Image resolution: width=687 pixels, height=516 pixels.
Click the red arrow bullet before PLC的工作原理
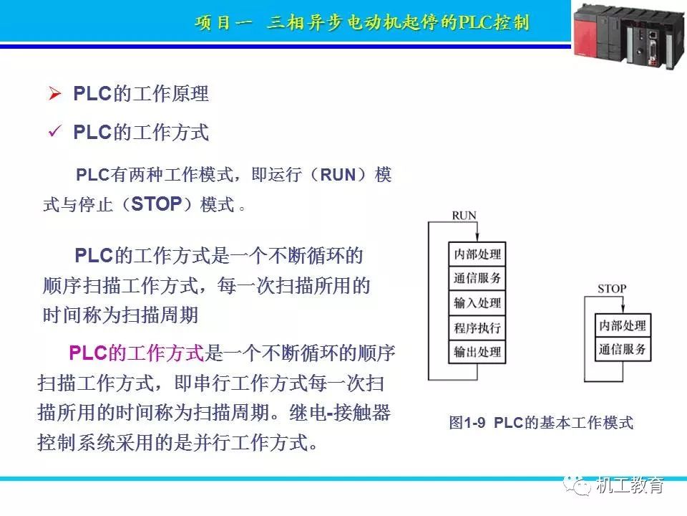coord(55,93)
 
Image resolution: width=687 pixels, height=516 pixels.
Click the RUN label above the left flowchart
coord(464,216)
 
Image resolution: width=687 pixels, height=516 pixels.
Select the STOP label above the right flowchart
coord(612,289)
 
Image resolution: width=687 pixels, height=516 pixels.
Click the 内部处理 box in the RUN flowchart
coord(477,254)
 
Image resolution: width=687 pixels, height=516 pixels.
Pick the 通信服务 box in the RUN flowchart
coord(477,278)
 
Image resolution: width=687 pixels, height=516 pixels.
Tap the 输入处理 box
coord(477,302)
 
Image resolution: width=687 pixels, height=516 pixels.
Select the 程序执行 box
coord(477,328)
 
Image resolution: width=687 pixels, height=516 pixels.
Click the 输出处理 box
coord(477,351)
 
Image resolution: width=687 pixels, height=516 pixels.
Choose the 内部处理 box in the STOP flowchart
coord(623,325)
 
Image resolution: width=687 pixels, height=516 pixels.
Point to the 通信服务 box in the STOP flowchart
coord(623,349)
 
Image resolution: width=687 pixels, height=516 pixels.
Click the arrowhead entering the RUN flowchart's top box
coord(477,238)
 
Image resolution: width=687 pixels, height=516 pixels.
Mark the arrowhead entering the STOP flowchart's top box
coord(623,310)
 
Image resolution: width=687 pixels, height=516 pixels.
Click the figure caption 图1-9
coord(467,423)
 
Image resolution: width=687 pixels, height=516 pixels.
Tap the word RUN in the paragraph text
coord(338,175)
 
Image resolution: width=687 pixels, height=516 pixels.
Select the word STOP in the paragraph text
coord(157,204)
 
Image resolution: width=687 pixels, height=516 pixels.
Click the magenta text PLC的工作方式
coord(137,353)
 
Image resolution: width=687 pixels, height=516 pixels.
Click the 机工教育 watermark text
coord(630,485)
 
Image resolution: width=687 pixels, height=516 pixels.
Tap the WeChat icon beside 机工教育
coord(578,485)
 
